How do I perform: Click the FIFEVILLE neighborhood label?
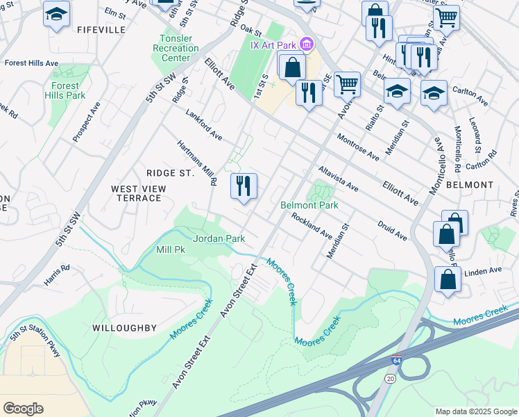point(101,30)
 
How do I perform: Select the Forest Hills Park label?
point(67,90)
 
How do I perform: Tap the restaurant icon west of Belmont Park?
point(244,187)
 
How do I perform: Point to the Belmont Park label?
point(309,205)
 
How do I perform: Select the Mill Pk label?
point(171,249)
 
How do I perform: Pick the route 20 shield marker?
point(391,377)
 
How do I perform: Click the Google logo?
point(23,408)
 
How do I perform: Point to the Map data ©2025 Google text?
point(475,411)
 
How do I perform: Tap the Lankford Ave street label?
point(203,124)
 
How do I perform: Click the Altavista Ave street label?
point(338,179)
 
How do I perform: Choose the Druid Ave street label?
point(392,231)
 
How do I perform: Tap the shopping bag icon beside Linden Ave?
point(448,279)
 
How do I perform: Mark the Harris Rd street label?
point(56,268)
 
